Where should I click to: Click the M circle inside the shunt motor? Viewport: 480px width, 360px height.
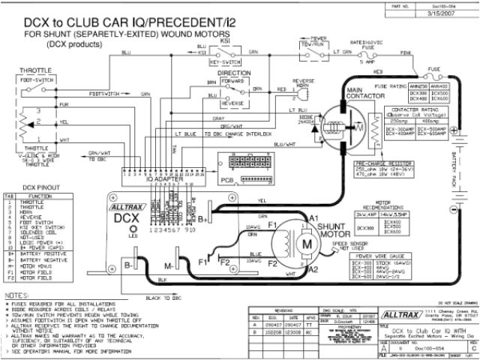[x=305, y=244]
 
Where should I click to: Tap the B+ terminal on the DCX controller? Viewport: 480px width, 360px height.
[x=203, y=218]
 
